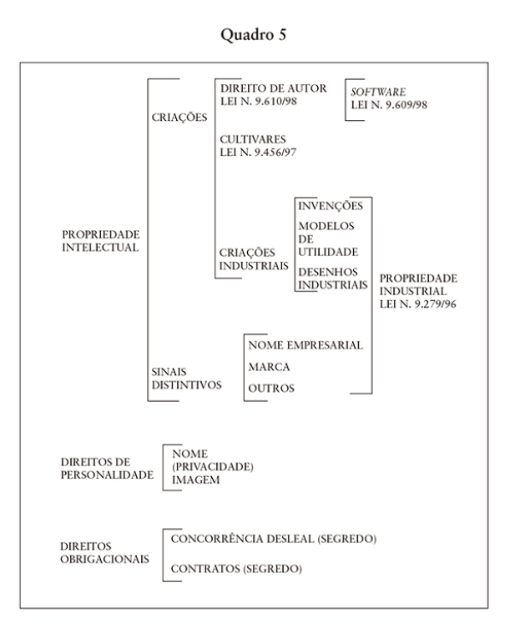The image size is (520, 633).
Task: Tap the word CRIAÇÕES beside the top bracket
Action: tap(179, 118)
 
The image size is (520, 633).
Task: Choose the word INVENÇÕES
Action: tap(330, 206)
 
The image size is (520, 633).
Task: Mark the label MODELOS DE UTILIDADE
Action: tap(327, 239)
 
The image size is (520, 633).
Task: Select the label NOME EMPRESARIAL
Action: tap(305, 345)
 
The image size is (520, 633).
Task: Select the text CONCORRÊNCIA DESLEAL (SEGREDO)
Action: tap(273, 540)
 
